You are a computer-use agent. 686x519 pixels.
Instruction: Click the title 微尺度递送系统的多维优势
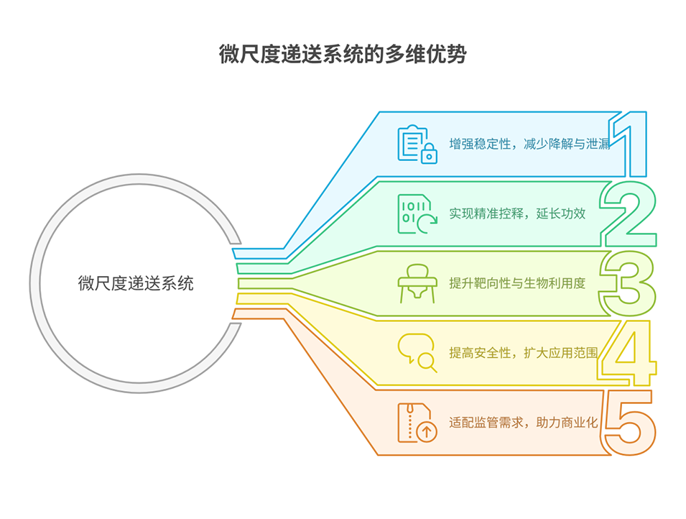[x=343, y=55]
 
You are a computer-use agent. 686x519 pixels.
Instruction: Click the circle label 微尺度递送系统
[x=136, y=283]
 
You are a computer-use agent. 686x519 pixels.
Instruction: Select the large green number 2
[x=629, y=213]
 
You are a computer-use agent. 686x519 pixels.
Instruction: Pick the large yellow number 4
[x=626, y=352]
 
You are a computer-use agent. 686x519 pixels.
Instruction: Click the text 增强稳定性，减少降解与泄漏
[x=529, y=144]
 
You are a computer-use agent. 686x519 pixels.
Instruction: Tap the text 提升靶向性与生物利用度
[x=517, y=283]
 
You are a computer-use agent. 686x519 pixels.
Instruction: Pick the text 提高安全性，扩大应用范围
[x=524, y=352]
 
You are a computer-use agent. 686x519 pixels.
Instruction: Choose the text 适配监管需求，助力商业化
[x=524, y=422]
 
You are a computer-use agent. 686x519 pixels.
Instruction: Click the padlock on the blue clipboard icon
[x=429, y=154]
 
